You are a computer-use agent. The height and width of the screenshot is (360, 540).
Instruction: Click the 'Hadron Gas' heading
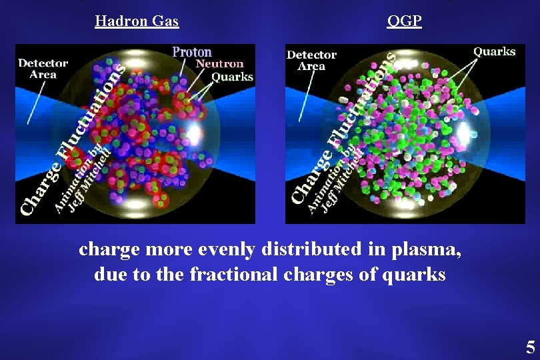(137, 21)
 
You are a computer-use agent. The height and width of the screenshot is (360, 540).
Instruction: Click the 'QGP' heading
(404, 21)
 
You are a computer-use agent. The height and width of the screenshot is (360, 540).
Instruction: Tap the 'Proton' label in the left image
(192, 52)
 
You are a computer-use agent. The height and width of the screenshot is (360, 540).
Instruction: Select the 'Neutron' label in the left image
(218, 65)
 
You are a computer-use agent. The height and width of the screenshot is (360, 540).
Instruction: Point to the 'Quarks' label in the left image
(232, 77)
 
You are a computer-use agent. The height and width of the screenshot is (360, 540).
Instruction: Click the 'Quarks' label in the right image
(494, 51)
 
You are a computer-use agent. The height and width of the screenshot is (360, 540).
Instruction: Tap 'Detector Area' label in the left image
(43, 69)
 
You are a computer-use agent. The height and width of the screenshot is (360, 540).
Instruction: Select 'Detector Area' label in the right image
(311, 60)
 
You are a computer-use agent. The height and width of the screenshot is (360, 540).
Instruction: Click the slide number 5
(530, 347)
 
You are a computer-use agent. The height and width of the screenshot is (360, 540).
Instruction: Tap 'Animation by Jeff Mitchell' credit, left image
(83, 180)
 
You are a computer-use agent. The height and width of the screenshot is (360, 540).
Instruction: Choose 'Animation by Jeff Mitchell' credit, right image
(337, 180)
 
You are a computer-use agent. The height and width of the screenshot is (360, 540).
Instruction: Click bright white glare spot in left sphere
(194, 133)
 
